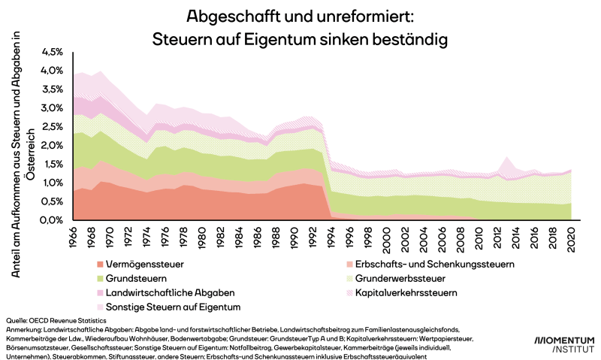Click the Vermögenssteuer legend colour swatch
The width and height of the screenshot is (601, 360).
101,265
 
